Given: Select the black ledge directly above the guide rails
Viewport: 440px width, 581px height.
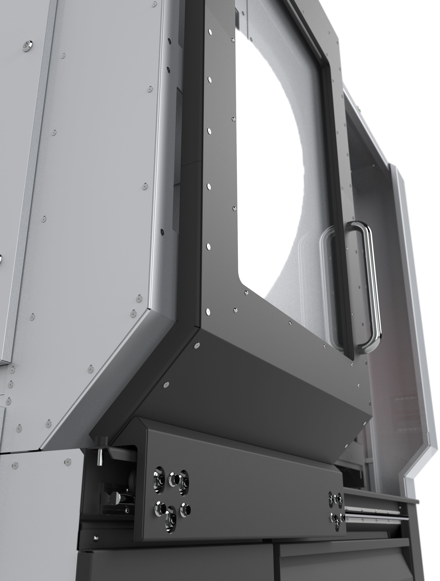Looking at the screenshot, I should point(381,493).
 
